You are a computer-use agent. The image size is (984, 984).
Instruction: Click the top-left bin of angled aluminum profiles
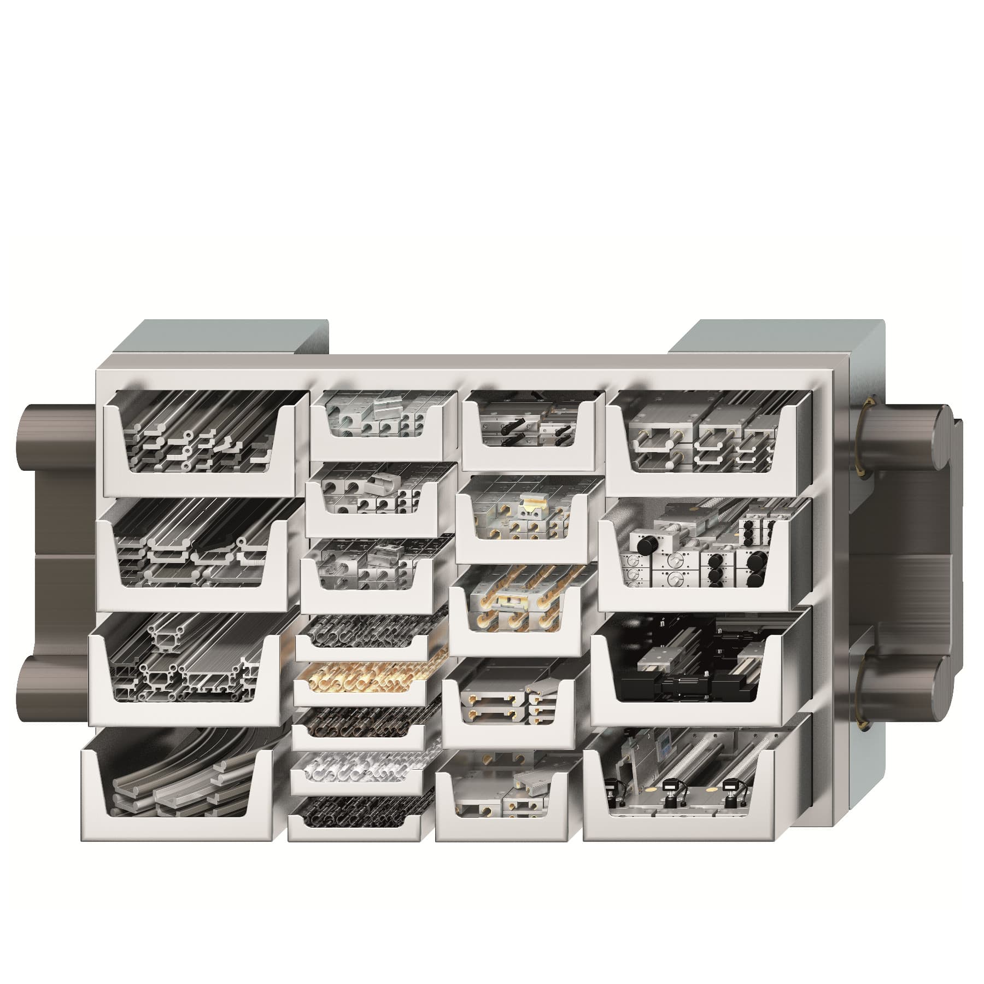pyautogui.click(x=200, y=437)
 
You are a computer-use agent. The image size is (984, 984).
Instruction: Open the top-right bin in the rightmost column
pyautogui.click(x=705, y=437)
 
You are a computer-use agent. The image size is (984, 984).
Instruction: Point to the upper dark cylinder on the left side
pyautogui.click(x=55, y=432)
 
